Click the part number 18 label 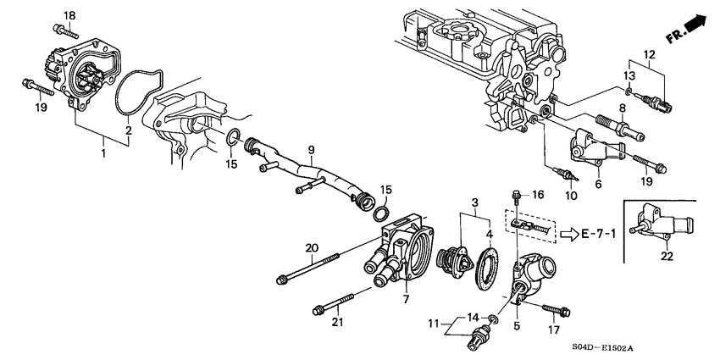click(x=69, y=15)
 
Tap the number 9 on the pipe click(x=311, y=149)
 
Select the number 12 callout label click(x=649, y=55)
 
